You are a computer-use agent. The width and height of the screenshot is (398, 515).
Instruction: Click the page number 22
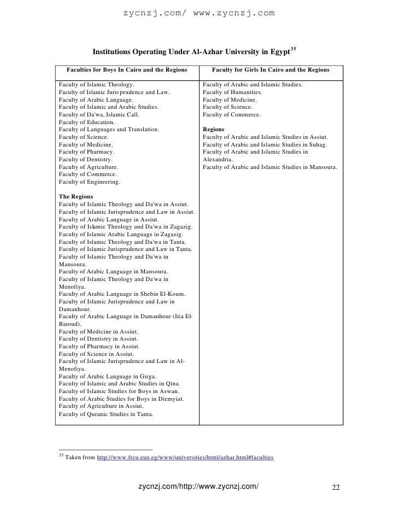tap(336, 488)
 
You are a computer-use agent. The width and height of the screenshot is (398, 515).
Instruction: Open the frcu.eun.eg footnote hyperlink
tap(185, 457)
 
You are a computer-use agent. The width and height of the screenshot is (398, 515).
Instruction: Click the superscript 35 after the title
tap(293, 50)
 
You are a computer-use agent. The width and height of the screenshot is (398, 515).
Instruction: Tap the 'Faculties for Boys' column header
tap(127, 70)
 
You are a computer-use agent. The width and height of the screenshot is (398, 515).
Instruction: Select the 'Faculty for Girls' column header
tap(271, 70)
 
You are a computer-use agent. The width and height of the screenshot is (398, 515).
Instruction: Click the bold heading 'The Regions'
tap(75, 196)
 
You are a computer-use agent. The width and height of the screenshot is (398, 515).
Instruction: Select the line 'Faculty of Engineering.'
tap(89, 182)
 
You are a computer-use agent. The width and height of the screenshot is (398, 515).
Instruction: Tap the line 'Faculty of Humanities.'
tap(233, 93)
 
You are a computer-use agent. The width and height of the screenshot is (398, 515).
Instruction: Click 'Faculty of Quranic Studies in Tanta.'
tap(106, 414)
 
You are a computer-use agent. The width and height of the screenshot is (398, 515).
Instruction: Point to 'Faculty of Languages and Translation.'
tap(109, 129)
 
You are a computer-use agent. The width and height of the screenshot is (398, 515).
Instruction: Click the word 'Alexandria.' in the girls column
tap(218, 159)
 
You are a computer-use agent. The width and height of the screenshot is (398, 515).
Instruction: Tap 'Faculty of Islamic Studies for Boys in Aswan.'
tap(119, 391)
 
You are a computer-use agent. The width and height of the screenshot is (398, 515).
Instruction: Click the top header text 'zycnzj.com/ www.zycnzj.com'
tap(198, 12)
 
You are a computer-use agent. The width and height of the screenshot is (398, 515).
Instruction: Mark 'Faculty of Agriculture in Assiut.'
tap(101, 407)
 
